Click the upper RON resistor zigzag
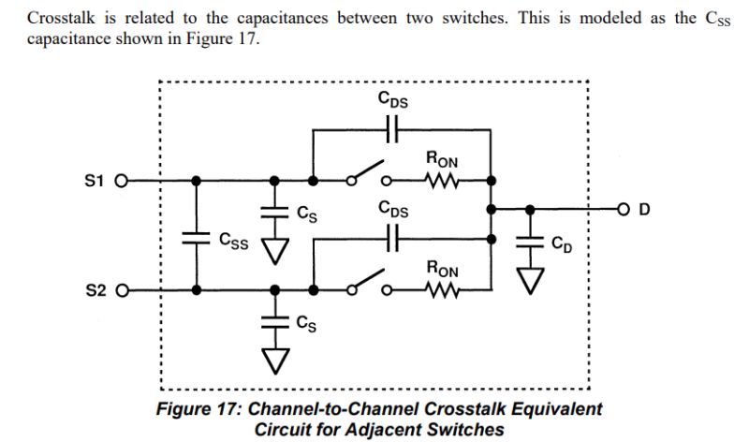tap(441, 181)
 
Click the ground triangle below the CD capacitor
tap(532, 278)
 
